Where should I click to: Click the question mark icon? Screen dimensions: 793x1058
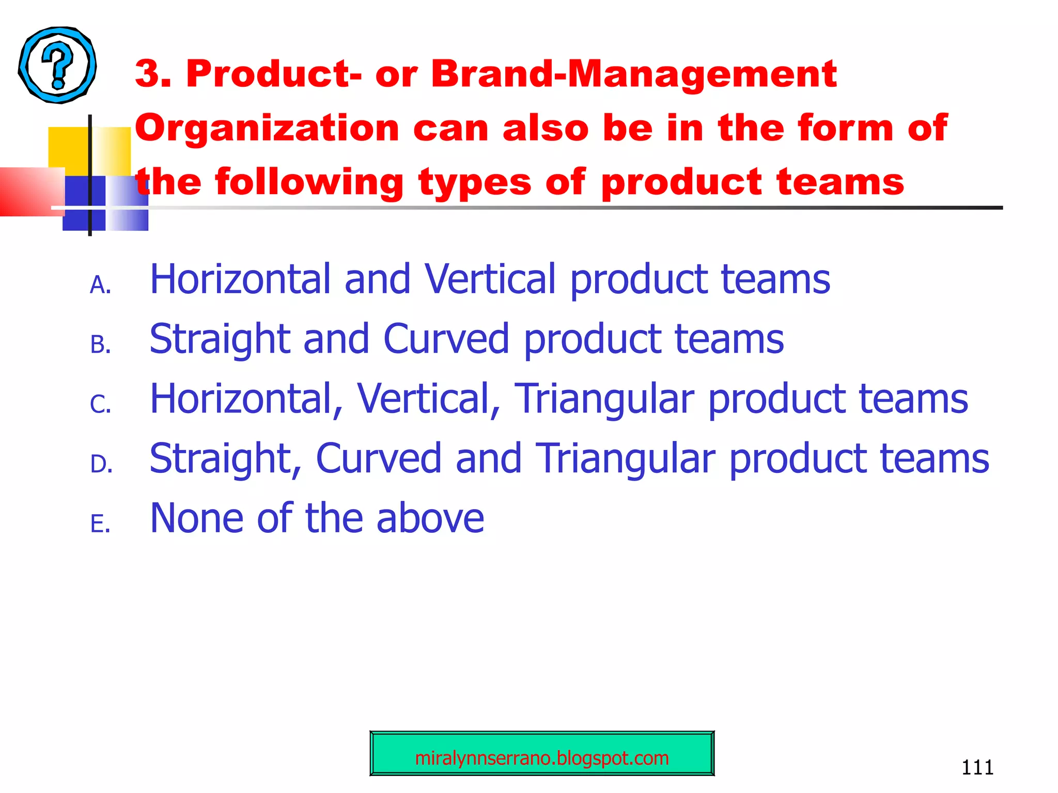pyautogui.click(x=57, y=65)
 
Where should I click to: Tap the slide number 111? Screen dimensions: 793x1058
pyautogui.click(x=977, y=767)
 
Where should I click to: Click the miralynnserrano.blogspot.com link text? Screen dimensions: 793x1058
pyautogui.click(x=542, y=758)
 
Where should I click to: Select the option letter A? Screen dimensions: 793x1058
pyautogui.click(x=100, y=285)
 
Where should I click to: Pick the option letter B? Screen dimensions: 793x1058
pyautogui.click(x=100, y=345)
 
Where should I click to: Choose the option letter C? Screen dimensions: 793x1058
pyautogui.click(x=100, y=404)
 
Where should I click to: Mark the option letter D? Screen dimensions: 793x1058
pyautogui.click(x=101, y=464)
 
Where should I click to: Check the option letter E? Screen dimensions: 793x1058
pyautogui.click(x=100, y=524)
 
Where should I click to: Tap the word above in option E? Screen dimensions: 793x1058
pyautogui.click(x=430, y=518)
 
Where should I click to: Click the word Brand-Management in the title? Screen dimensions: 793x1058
pyautogui.click(x=634, y=74)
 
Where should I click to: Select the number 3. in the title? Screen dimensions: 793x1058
pyautogui.click(x=153, y=74)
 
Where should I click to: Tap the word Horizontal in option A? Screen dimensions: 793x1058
pyautogui.click(x=240, y=279)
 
